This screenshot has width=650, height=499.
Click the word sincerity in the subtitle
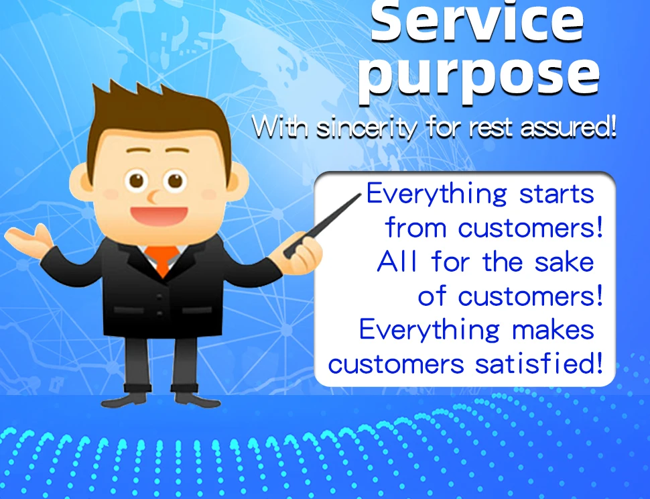point(367,127)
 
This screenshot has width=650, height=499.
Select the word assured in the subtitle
point(568,127)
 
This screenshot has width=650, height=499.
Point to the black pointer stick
point(322,225)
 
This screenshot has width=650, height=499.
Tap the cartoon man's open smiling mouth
point(159,216)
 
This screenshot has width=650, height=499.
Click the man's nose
point(153,197)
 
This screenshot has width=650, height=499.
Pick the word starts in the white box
point(556,194)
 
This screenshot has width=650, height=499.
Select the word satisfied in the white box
point(538,364)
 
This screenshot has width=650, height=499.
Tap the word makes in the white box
point(553,331)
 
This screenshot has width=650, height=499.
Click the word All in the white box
point(397,262)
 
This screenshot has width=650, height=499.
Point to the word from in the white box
point(415,228)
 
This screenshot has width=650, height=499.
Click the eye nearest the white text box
point(175,181)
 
